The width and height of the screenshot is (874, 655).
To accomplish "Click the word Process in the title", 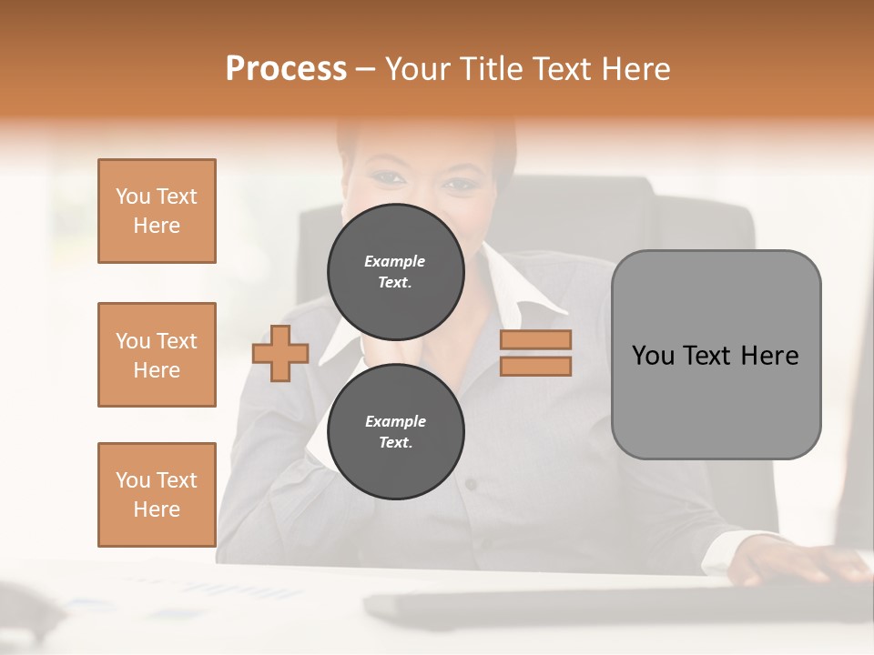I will (286, 69).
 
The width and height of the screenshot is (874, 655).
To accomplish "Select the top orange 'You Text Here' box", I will (157, 211).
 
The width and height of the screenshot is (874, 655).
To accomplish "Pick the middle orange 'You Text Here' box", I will (157, 355).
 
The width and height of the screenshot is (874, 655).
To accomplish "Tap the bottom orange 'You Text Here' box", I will (157, 495).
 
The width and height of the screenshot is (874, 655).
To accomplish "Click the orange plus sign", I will (280, 353).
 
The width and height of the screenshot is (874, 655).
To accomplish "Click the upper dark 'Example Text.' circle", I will (395, 271).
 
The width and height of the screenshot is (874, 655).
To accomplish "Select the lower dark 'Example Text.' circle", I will (395, 431).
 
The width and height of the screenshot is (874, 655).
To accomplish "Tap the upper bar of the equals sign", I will (536, 339).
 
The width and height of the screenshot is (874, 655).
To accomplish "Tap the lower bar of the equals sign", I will (536, 366).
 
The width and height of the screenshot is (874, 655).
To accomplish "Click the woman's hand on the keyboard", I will (801, 562).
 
